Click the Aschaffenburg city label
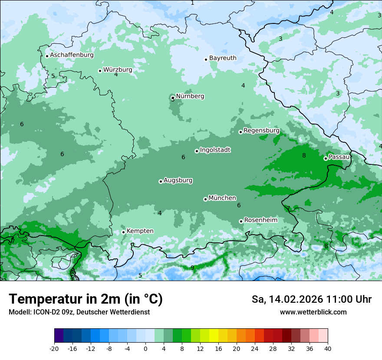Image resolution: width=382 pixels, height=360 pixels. point(72,55)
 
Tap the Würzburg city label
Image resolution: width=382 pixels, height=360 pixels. point(118,70)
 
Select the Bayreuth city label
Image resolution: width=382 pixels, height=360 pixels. point(223,58)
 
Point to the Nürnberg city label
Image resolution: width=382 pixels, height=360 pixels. point(190,96)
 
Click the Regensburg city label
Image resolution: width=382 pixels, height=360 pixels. point(261,131)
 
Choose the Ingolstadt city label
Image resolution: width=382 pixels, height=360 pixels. point(215,150)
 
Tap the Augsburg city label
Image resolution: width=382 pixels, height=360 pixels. point(178,180)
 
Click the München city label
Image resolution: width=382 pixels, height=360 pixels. point(222,198)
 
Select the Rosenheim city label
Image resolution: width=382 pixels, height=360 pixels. point(260,220)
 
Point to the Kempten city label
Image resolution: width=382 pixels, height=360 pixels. point(140,231)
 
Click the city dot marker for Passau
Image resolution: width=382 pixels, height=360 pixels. point(326,158)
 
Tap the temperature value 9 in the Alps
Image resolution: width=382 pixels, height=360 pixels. point(192,268)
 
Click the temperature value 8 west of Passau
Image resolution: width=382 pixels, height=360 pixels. point(304,156)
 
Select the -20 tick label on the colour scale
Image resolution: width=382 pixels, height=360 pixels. point(54,349)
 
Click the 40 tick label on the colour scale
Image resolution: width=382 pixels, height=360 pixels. point(328,349)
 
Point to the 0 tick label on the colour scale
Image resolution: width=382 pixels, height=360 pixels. point(145,349)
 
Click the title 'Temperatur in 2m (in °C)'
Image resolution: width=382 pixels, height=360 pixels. point(86,299)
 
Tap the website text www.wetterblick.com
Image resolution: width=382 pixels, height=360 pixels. point(313,312)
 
